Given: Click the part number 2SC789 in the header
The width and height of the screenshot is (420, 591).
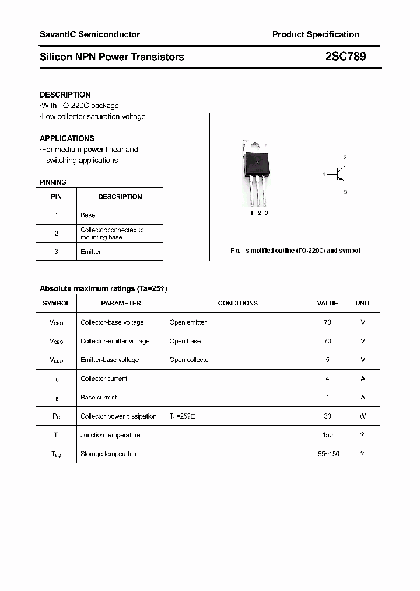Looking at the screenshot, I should coord(345,57).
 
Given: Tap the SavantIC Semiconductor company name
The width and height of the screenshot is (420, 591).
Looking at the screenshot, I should coord(90,34).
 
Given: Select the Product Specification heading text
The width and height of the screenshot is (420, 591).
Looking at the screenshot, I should coord(316,34).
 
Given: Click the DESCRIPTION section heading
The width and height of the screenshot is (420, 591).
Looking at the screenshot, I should coord(65,95).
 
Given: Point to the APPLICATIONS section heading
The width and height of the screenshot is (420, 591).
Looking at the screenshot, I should coord(67,138).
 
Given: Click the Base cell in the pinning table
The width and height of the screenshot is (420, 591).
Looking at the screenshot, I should coord(88,215).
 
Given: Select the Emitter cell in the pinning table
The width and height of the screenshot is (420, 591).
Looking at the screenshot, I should coord(91,252).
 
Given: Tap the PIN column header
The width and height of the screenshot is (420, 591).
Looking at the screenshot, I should coord(56,197).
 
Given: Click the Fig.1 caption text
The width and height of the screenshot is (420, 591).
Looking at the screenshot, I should coord(295,251).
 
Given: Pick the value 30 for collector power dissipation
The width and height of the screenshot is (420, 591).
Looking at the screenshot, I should coord(327,416).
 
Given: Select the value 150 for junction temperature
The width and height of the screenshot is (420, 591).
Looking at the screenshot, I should coord(327,435).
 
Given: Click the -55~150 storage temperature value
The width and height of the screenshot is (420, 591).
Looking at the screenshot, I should coord(327,454).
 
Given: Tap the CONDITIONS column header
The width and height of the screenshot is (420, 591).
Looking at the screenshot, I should coord(237,303).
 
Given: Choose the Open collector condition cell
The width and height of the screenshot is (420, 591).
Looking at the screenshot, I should coord(190,360).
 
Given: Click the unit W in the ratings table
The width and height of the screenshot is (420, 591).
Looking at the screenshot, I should coord(363,416).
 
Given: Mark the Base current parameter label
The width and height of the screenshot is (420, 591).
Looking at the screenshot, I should coord(99,398).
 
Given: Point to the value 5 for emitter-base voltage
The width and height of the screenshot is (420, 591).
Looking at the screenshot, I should coord(327,360).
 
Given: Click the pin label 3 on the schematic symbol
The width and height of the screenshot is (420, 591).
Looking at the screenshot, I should coord(345,192).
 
